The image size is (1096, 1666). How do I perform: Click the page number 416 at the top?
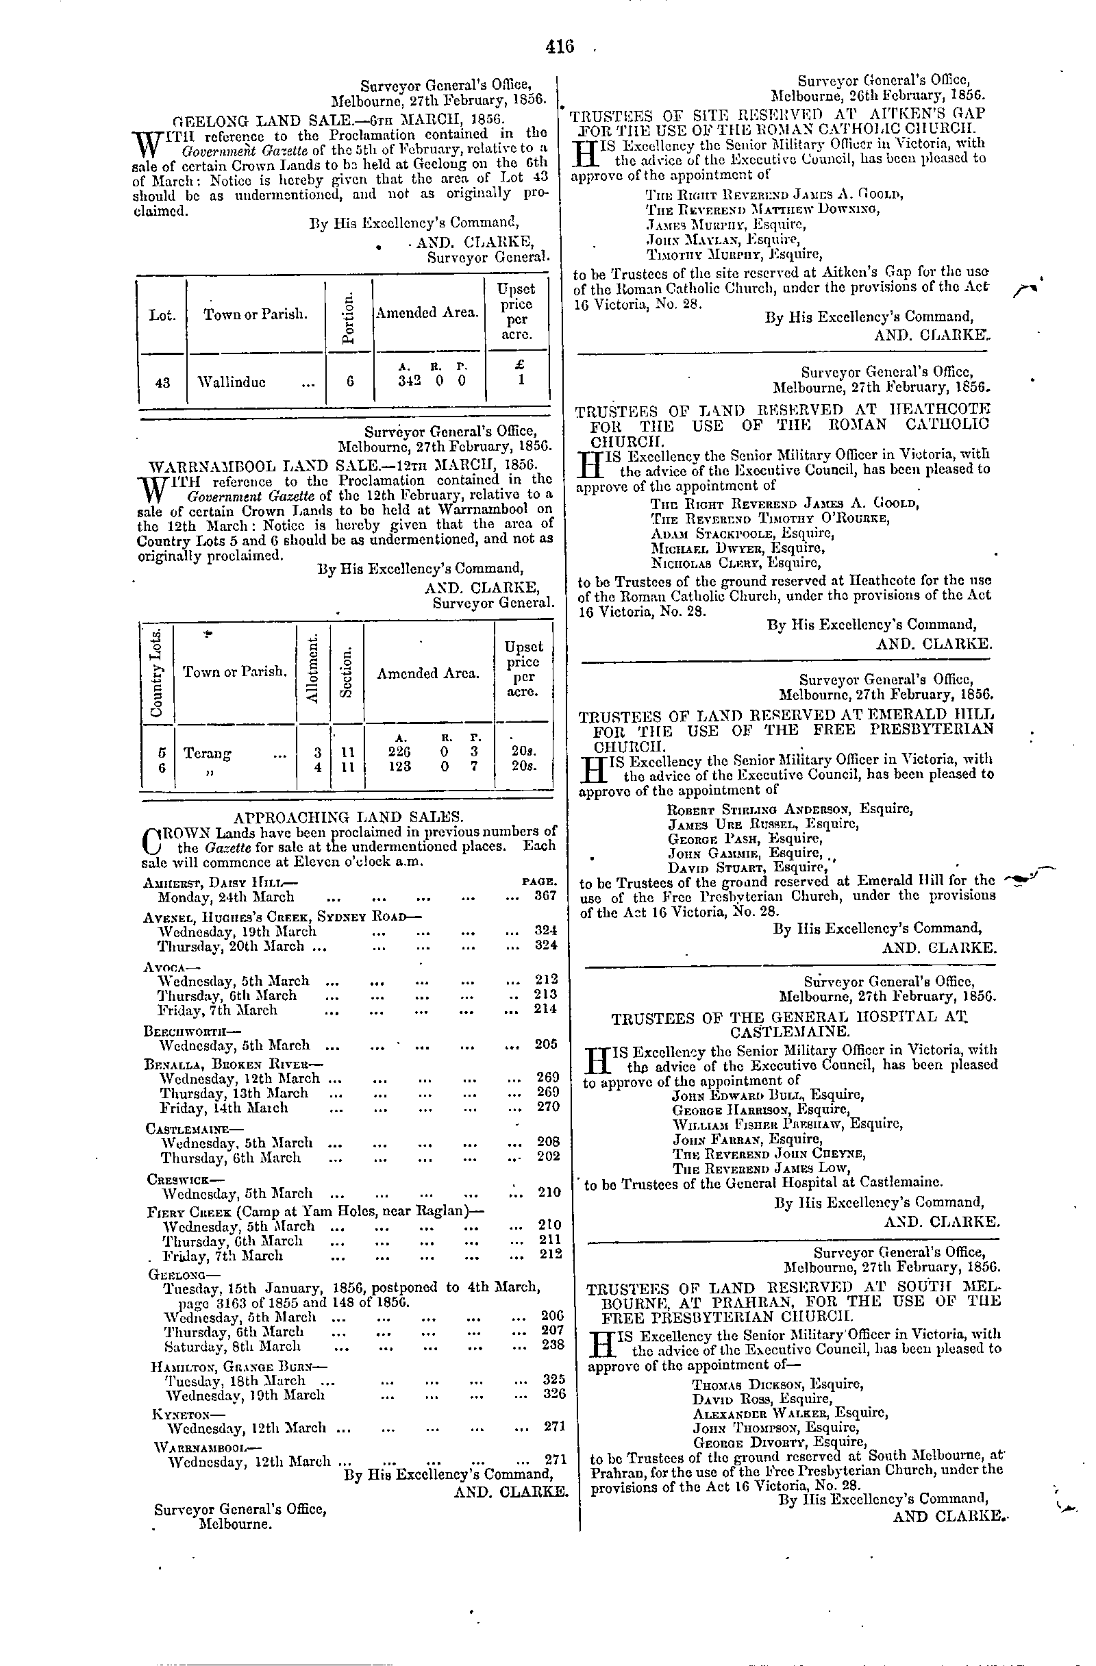[559, 47]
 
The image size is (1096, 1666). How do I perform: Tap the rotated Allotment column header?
[315, 671]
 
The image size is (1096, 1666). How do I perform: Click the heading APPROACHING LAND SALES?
[347, 816]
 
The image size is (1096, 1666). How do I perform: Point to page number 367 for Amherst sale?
[544, 897]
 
